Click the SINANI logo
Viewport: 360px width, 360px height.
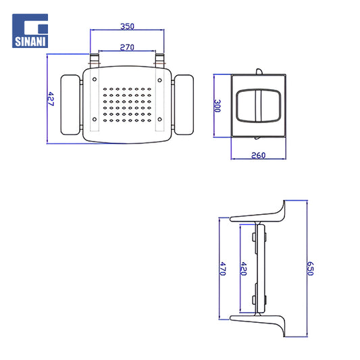(30, 31)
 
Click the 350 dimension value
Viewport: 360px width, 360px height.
(127, 26)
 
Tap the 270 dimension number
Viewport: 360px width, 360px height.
(127, 47)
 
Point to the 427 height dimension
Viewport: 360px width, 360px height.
(51, 99)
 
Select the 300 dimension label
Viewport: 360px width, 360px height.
(217, 106)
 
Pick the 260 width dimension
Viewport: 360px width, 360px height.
(258, 155)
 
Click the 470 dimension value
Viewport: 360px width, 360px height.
(223, 269)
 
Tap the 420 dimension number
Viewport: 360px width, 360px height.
(243, 269)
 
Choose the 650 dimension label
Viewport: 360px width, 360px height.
(310, 268)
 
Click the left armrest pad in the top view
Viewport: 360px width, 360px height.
(70, 105)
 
